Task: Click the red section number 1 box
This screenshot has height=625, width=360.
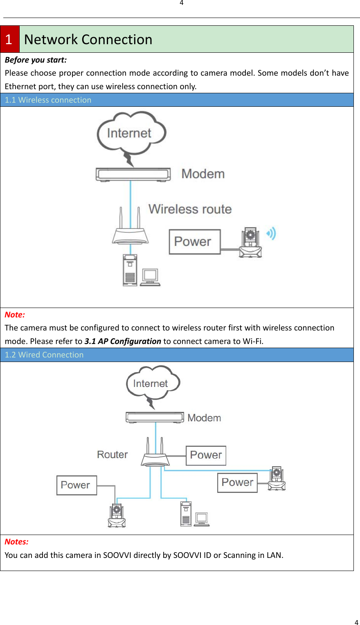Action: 9,39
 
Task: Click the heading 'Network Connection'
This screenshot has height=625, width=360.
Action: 88,39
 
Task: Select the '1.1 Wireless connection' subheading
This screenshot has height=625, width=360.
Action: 48,100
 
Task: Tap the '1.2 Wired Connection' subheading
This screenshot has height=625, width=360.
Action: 44,355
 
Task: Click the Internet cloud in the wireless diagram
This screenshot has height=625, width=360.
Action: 130,133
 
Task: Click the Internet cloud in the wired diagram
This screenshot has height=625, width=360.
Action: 152,383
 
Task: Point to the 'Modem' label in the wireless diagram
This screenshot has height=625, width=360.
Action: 203,174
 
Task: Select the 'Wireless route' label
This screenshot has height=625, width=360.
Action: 190,209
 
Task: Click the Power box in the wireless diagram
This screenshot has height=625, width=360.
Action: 194,242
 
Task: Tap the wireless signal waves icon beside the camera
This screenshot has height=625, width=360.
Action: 272,234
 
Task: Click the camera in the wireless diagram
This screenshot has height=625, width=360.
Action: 250,243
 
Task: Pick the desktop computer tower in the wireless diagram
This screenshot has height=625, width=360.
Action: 130,270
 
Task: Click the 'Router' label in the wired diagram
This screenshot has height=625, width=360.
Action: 112,454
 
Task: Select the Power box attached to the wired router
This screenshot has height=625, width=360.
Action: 206,455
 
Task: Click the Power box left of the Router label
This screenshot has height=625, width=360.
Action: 76,485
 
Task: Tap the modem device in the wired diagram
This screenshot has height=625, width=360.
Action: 154,417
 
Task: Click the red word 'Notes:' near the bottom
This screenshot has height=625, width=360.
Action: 17,542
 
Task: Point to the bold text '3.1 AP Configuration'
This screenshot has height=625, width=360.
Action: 123,341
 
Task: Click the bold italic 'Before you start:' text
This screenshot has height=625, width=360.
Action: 36,60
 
